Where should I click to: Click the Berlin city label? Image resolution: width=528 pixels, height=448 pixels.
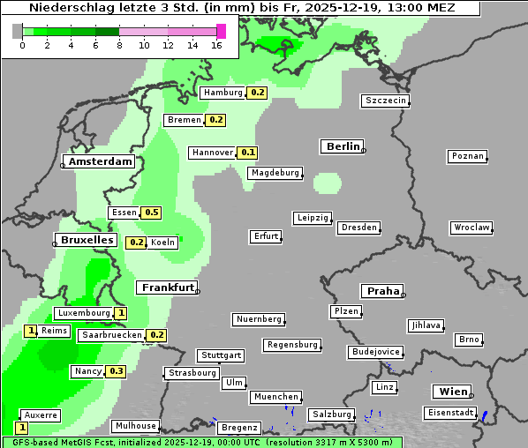[342, 146]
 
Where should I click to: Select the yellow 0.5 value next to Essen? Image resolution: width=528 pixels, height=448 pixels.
[151, 213]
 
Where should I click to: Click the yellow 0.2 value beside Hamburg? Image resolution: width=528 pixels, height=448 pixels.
[257, 93]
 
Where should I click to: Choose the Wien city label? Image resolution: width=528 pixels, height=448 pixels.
[452, 392]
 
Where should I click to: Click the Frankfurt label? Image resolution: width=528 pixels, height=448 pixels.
[167, 287]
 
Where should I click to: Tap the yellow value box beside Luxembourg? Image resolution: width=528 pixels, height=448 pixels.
[121, 313]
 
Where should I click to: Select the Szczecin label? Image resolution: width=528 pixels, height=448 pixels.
[385, 101]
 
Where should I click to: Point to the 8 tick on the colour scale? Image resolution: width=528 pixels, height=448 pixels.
[119, 45]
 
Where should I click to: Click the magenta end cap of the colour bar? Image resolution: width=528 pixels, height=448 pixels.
[221, 31]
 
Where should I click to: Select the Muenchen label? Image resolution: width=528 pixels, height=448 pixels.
[275, 397]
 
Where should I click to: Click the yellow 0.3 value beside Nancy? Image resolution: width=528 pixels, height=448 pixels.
[117, 371]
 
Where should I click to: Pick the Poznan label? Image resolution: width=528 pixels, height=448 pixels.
[467, 156]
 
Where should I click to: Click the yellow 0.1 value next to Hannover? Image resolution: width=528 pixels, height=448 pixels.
[248, 153]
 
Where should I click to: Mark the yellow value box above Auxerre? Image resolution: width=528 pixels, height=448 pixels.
[22, 427]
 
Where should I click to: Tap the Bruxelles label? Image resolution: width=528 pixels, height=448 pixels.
[86, 240]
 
